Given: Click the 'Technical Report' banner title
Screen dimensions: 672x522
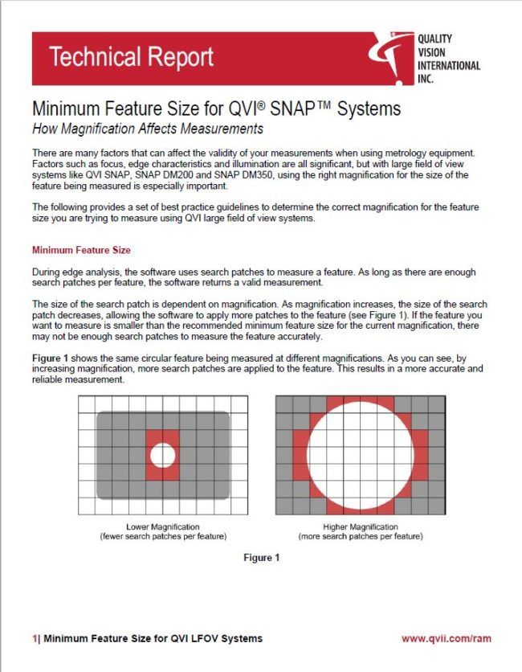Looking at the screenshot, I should coord(131,57).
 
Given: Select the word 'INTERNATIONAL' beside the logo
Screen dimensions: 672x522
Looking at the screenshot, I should coord(449,66).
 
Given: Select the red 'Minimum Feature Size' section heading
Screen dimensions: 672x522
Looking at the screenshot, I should coord(81,251).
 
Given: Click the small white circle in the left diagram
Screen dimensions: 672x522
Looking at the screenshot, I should coord(162,455).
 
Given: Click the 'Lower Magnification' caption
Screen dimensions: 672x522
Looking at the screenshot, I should coord(163,527).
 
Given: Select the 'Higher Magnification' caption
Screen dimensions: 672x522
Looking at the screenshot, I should coord(361,527).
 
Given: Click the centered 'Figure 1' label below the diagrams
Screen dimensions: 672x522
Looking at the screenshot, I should coord(261,558).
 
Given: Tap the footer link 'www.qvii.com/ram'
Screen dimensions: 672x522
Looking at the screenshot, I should coord(446,638).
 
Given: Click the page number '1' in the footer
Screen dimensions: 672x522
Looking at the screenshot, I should coord(35,638).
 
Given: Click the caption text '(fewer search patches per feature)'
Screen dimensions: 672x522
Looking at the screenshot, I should coord(163,536).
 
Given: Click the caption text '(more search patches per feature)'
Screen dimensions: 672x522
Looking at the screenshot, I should coord(361,536).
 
